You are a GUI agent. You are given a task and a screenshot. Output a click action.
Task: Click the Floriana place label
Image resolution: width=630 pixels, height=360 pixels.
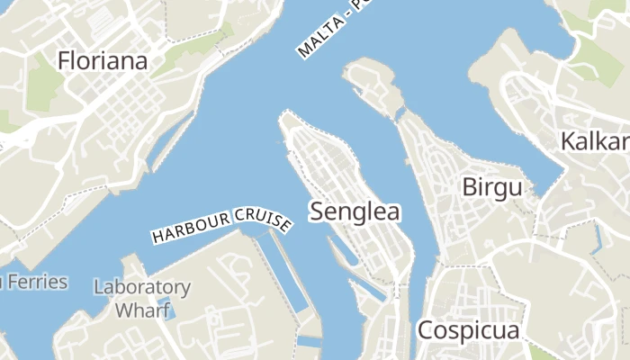pos(103,60)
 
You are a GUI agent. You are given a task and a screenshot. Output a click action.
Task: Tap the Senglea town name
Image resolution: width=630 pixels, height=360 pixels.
pos(355,211)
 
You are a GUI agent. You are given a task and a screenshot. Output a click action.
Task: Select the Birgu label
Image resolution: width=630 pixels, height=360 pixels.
pos(491,187)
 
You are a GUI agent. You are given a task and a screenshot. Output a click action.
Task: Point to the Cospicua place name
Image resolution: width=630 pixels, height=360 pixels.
pos(468,330)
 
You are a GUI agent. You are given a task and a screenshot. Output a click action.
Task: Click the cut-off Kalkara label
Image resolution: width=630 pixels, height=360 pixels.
pos(594,141)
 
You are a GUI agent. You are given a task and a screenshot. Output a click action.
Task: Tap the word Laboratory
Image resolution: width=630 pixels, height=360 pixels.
pos(142,288)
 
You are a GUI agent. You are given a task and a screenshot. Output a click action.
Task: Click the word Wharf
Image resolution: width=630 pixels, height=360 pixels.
pos(143,310)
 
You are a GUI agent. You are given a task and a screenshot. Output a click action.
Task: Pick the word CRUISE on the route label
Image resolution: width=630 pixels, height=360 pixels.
pos(261,218)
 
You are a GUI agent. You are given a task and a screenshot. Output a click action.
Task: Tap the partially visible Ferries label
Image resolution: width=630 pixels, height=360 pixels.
pos(36,282)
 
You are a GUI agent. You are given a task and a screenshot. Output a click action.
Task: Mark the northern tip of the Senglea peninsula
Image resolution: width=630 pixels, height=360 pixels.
pos(285,116)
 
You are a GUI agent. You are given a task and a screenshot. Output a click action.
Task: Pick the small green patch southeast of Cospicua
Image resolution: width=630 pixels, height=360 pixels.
pos(541,351)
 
